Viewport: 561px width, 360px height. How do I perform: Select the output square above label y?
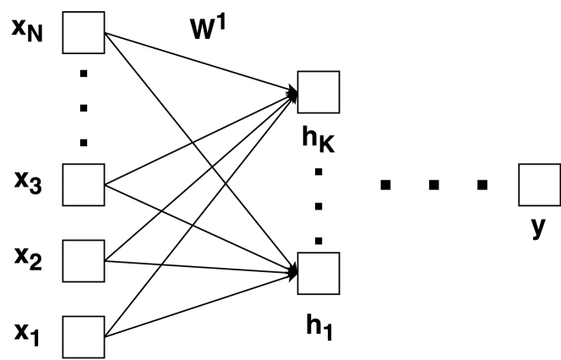pyautogui.click(x=538, y=186)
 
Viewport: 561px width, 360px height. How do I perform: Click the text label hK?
pyautogui.click(x=319, y=139)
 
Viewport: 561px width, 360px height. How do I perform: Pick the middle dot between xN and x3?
pyautogui.click(x=83, y=107)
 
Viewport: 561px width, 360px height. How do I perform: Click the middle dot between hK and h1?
pyautogui.click(x=318, y=206)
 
